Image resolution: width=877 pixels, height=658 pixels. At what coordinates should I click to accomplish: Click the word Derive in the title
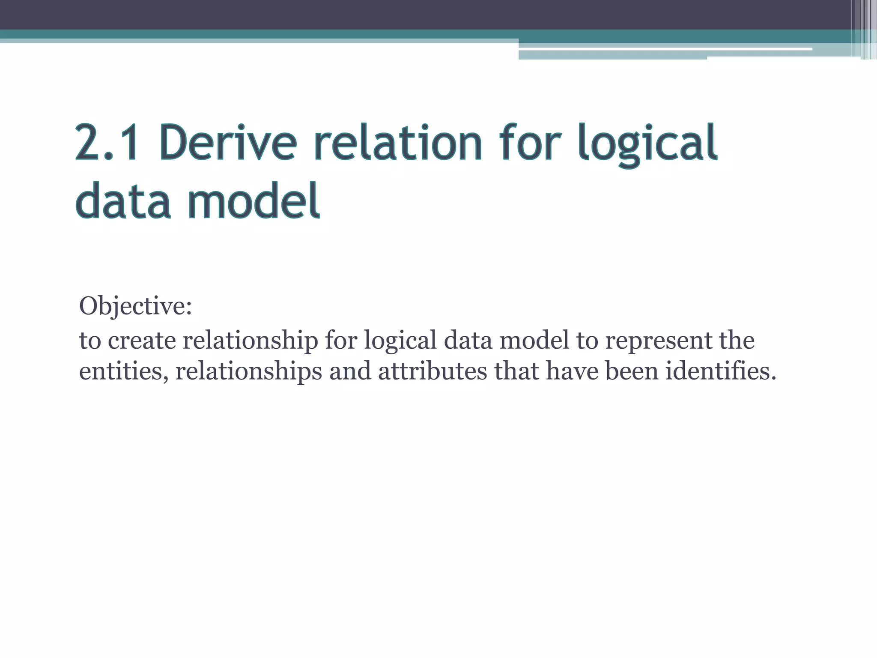click(228, 142)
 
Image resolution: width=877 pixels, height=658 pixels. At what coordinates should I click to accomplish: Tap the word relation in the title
click(398, 142)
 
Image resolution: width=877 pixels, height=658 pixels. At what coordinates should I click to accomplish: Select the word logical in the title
click(647, 145)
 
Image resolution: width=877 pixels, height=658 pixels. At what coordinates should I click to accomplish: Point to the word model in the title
click(254, 200)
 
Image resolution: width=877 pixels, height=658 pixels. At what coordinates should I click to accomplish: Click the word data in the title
click(123, 200)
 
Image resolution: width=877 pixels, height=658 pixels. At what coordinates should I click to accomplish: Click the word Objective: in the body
click(135, 307)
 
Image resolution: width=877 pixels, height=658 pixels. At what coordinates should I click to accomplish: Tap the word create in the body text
click(142, 341)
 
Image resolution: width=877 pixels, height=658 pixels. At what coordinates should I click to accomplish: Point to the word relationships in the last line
click(248, 371)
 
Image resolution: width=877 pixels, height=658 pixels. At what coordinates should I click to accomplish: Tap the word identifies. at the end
click(721, 371)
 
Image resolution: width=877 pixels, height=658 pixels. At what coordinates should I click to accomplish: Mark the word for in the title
click(530, 142)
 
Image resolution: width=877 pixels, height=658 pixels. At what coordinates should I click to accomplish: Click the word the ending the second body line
click(737, 341)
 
